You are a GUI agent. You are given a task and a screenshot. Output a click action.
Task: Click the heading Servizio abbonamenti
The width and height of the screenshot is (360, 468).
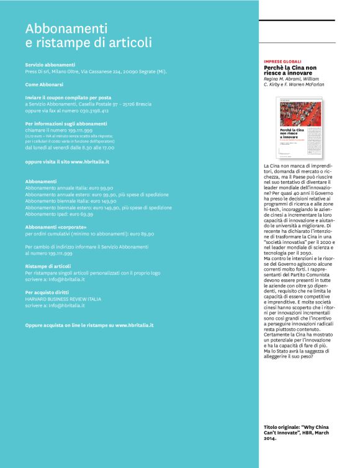pyautogui.click(x=50, y=65)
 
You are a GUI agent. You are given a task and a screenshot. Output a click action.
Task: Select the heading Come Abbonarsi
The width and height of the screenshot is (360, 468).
pyautogui.click(x=44, y=84)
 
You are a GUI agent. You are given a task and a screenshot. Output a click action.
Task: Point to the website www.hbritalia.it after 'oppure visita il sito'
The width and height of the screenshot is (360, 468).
pyautogui.click(x=90, y=161)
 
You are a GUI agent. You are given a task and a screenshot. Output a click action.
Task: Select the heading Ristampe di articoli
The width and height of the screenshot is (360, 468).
pyautogui.click(x=48, y=266)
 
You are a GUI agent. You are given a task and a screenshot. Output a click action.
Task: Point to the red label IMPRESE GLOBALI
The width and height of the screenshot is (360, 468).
pyautogui.click(x=282, y=62)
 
